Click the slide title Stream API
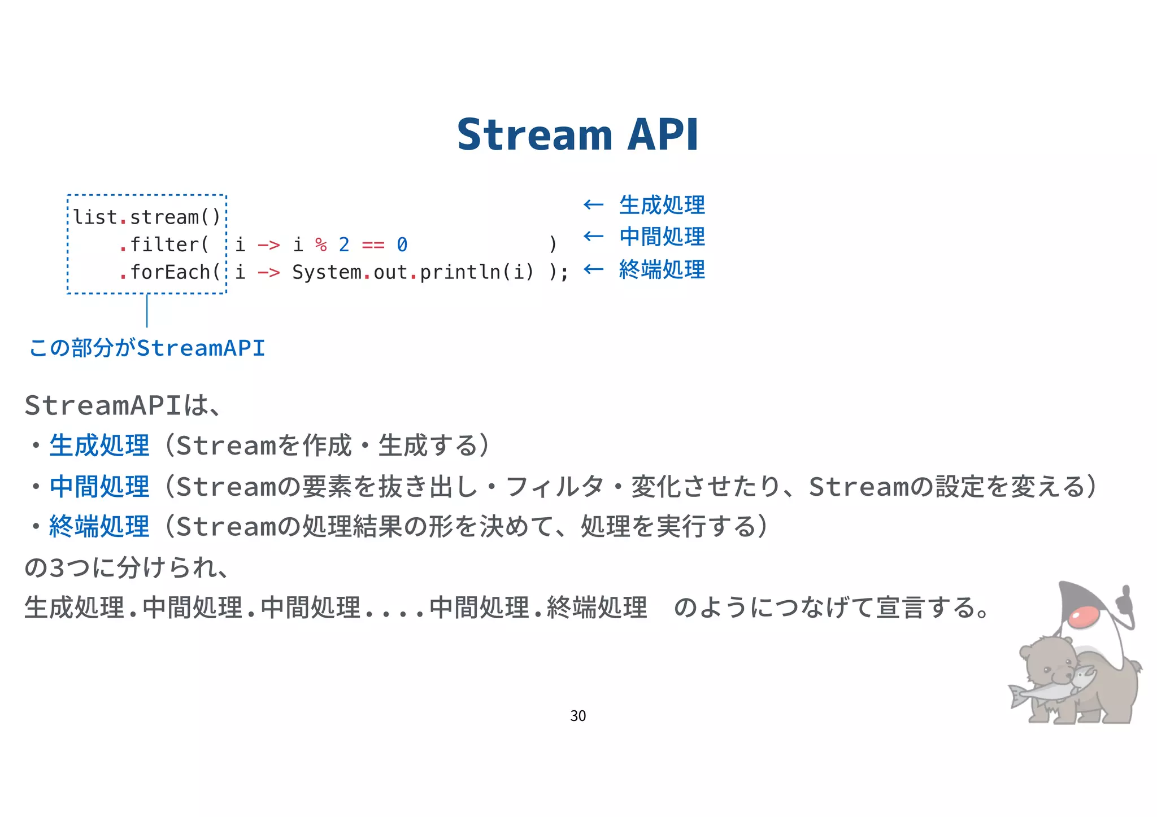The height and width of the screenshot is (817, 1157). point(577,135)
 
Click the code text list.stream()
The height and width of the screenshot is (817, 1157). point(146,217)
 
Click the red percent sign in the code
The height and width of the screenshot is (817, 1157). point(321,245)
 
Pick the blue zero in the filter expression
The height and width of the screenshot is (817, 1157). point(402,245)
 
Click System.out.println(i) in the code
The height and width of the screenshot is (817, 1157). point(412,273)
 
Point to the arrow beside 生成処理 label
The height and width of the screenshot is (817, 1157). point(593,204)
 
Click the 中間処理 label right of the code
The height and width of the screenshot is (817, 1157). point(662,237)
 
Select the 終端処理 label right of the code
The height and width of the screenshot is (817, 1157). point(662,270)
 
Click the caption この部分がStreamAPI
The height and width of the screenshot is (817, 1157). point(147,348)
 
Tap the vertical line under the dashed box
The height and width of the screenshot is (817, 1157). point(147,311)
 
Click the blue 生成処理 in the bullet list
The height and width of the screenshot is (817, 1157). point(99,445)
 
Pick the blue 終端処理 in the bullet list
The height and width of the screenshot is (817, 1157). point(99,527)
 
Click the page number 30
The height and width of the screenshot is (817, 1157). point(578,716)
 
